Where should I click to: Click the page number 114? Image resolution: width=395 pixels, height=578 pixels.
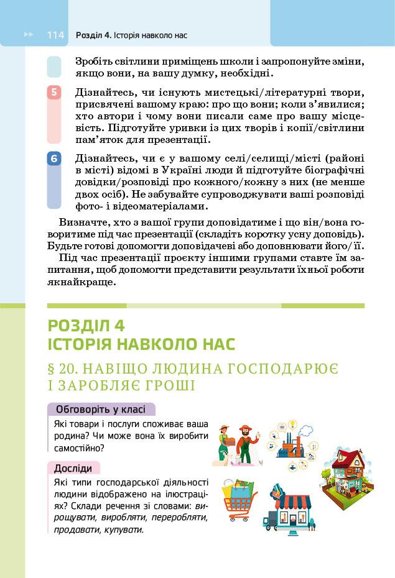[55, 35]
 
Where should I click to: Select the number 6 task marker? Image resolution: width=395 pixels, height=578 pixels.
[54, 159]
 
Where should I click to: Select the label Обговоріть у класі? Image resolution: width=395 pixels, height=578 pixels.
[100, 410]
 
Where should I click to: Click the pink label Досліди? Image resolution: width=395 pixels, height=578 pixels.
[73, 468]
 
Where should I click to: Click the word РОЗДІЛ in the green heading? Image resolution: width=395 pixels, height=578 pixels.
[80, 325]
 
